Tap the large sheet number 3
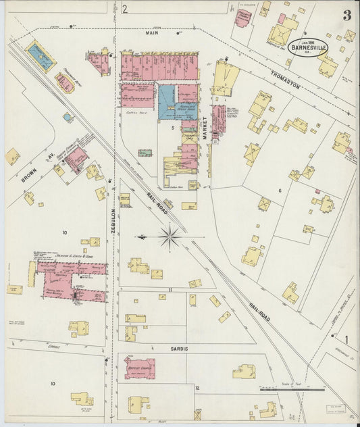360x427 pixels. pos(346,15)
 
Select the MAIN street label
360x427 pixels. pos(151,32)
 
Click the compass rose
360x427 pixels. pos(170,237)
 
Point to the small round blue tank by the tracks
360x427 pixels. pos(67,117)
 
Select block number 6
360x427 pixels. pos(280,191)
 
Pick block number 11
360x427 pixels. pos(171,289)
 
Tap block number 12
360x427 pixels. pos(197,388)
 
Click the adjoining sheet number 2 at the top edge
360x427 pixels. pos(125,9)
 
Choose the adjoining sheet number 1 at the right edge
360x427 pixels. pos(346,339)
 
